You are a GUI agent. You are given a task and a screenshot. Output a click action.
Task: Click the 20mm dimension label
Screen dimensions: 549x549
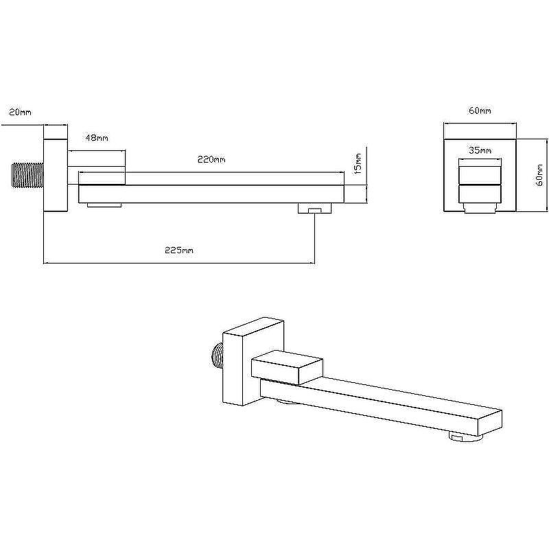pyautogui.click(x=20, y=112)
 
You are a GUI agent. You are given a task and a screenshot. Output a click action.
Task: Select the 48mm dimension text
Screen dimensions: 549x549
pyautogui.click(x=97, y=138)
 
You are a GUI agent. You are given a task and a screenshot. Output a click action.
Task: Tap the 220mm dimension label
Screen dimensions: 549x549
pyautogui.click(x=211, y=160)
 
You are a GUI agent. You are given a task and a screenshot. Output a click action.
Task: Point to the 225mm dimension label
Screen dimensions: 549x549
pyautogui.click(x=179, y=250)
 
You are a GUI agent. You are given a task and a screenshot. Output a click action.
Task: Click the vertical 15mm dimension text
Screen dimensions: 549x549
pyautogui.click(x=358, y=163)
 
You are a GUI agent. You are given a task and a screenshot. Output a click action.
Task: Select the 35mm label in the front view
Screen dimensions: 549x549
pyautogui.click(x=480, y=150)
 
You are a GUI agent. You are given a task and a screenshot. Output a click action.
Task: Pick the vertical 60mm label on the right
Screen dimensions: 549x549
pyautogui.click(x=540, y=175)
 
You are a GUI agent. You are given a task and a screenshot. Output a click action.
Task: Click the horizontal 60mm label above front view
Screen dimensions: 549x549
pyautogui.click(x=480, y=110)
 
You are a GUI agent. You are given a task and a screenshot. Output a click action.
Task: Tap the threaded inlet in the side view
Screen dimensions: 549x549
pyautogui.click(x=27, y=175)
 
